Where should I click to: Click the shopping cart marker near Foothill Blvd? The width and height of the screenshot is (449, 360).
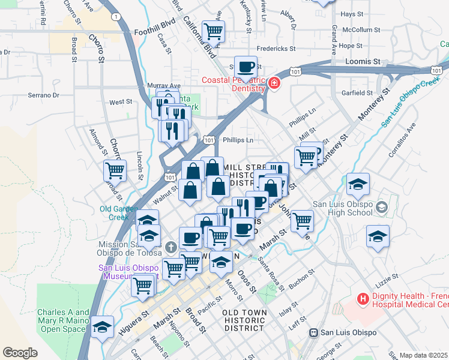tap(213, 31)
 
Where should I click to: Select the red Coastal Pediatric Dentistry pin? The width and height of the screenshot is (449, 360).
tap(274, 82)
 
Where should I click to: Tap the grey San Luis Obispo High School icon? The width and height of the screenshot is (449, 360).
tap(381, 208)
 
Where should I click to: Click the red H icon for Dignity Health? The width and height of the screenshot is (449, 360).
tap(363, 298)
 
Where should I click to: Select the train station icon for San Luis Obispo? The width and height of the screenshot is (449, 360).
tap(313, 332)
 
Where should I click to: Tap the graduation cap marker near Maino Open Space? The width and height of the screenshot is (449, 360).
tap(103, 326)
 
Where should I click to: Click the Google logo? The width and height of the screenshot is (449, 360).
tap(20, 353)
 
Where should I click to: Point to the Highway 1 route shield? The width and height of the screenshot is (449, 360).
tap(115, 16)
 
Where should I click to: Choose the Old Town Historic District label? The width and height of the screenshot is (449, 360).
tap(243, 320)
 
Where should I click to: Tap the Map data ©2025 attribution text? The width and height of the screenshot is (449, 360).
tap(424, 355)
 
